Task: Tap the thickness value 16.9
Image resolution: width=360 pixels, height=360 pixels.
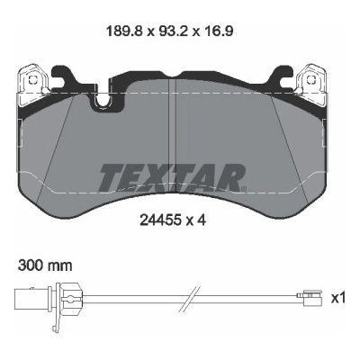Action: click(x=218, y=31)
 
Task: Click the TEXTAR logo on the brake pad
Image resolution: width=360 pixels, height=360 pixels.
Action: click(x=173, y=177)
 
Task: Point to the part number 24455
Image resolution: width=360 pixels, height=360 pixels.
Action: click(x=160, y=221)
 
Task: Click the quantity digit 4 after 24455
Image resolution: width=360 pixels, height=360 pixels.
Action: click(x=202, y=221)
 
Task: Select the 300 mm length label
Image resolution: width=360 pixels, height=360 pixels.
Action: click(x=45, y=265)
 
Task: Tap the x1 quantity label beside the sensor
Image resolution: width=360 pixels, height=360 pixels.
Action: click(x=338, y=298)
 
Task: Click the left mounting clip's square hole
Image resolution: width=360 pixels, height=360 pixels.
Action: click(x=32, y=79)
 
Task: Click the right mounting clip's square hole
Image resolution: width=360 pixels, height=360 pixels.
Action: click(x=312, y=79)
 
